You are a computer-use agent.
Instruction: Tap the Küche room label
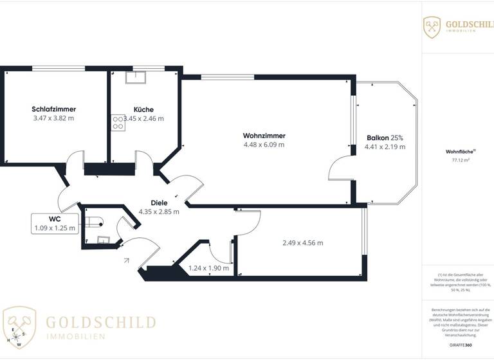[x=143, y=109]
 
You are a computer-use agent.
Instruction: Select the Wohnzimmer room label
[x=264, y=135]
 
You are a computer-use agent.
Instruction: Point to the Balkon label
[x=378, y=138]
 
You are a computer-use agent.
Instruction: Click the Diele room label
[x=159, y=202]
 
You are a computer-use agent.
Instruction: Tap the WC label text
[x=54, y=219]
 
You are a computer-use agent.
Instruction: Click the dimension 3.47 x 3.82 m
[x=53, y=118]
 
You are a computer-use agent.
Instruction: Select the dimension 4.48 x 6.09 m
[x=264, y=145]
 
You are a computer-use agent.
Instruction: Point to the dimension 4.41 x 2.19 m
[x=385, y=147]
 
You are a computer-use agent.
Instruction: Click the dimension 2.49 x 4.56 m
[x=302, y=242]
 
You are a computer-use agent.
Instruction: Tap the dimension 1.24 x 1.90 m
[x=208, y=268]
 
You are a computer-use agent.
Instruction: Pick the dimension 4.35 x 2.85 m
[x=159, y=212]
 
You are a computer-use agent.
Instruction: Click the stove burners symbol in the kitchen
[x=118, y=122]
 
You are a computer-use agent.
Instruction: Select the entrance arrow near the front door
[x=127, y=260]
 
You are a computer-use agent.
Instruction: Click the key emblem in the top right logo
[x=432, y=27]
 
